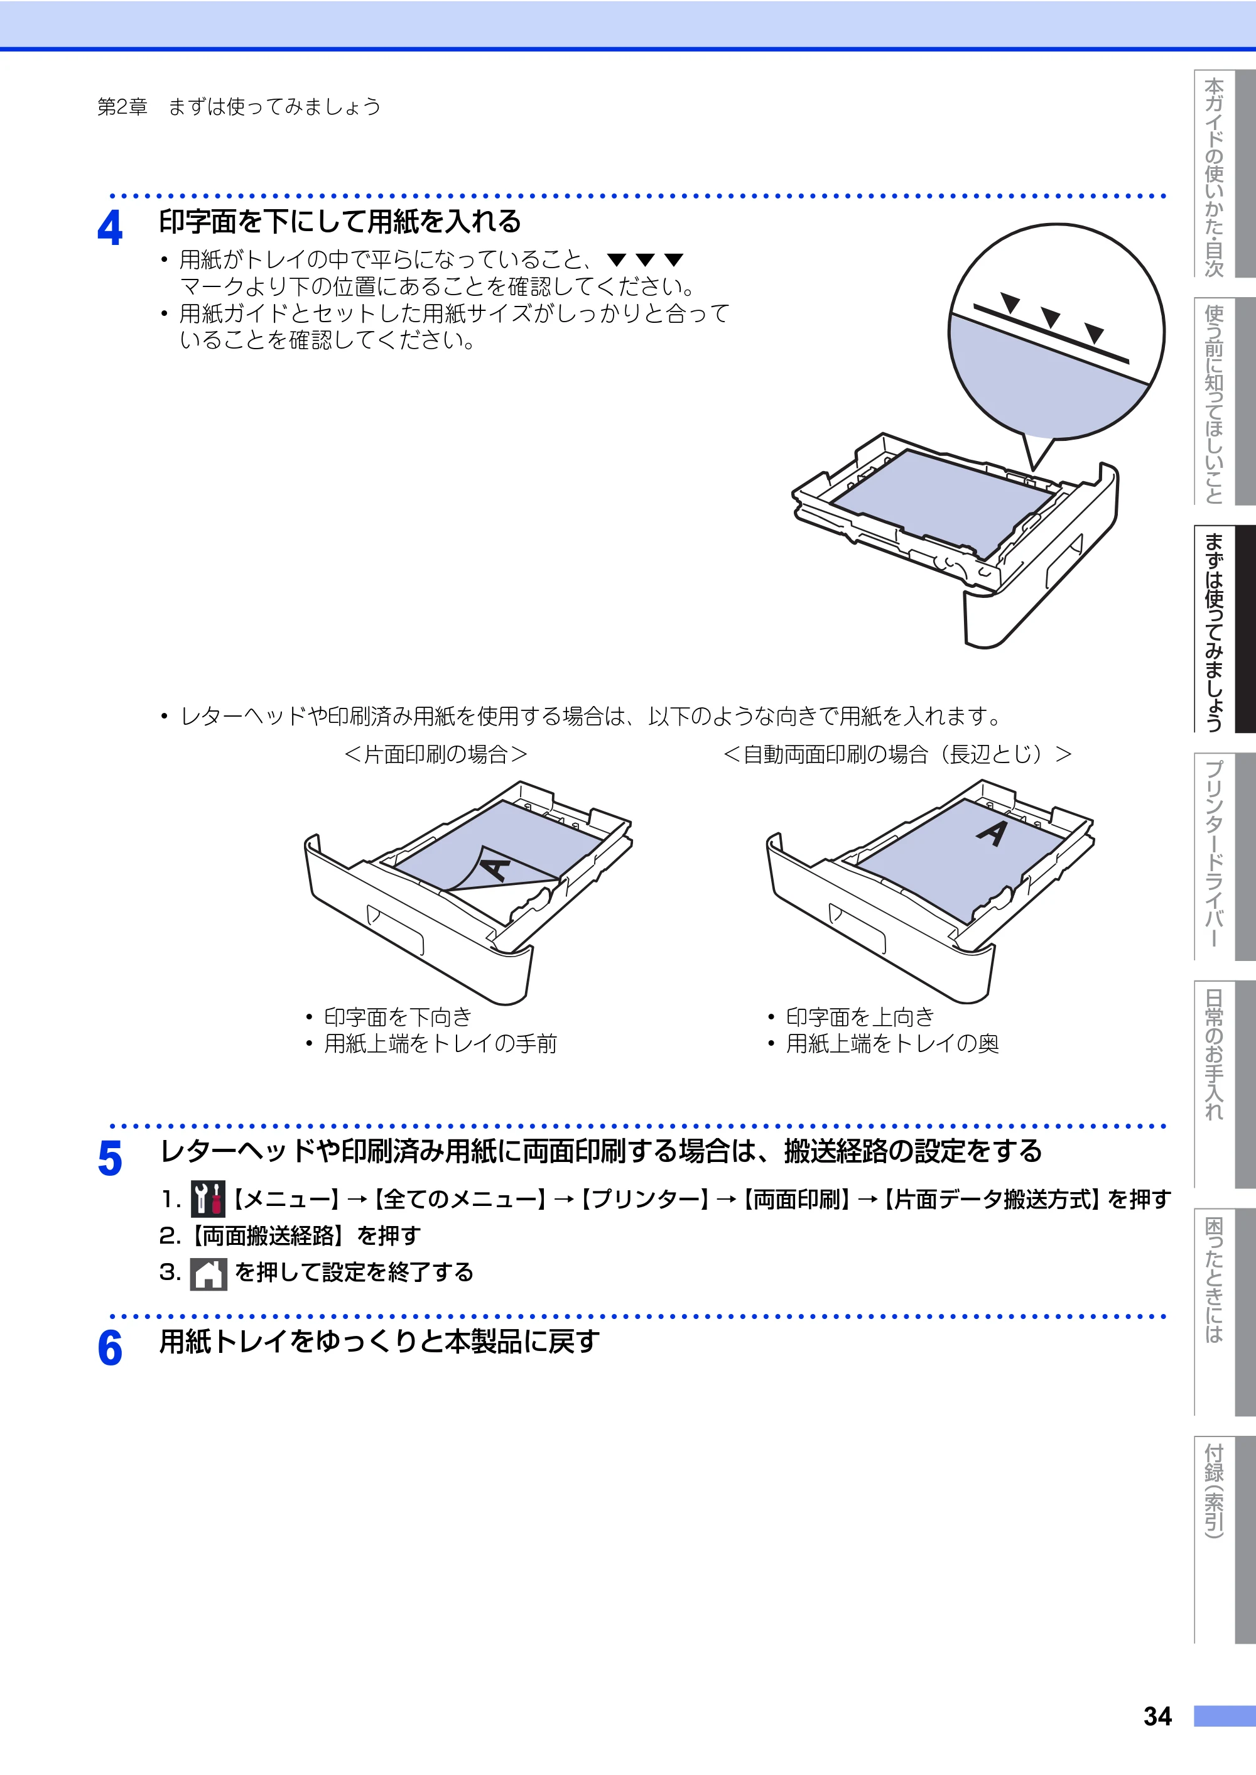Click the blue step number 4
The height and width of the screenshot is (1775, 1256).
[110, 228]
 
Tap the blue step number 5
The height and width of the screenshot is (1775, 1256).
[110, 1159]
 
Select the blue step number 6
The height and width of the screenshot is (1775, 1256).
[110, 1347]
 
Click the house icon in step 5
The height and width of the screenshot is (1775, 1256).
[208, 1273]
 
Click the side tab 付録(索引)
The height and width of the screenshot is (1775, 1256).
[1225, 1539]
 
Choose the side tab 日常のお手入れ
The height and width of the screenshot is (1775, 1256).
[1225, 1083]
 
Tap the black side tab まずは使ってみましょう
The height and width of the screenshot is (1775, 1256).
[1225, 629]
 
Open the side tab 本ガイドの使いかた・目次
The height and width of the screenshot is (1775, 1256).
[1225, 174]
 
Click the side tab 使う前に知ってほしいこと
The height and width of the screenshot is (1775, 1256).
[1225, 401]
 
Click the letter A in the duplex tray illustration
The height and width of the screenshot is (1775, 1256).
[992, 832]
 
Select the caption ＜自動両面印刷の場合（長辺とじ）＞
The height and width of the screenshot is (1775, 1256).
[897, 754]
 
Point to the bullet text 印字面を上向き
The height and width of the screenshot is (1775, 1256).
[860, 1016]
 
